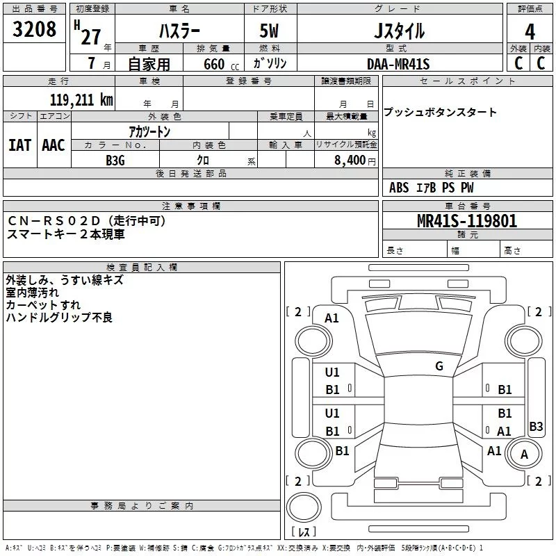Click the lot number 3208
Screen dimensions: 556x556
34,29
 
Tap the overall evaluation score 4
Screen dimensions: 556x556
530,31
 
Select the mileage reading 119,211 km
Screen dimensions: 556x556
81,100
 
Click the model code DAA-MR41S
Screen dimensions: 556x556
398,64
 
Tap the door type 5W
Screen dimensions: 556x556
270,31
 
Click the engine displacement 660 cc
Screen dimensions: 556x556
214,64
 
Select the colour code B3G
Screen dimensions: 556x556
115,160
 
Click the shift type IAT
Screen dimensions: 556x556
19,145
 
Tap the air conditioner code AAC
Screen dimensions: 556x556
53,145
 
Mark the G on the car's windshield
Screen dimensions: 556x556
439,366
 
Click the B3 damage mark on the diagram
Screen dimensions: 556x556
536,427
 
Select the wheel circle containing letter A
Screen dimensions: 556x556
524,455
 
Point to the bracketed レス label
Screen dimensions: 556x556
303,532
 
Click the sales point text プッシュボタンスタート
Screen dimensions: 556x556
440,112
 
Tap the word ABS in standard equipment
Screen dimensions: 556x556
399,188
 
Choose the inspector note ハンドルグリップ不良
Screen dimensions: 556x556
59,318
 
